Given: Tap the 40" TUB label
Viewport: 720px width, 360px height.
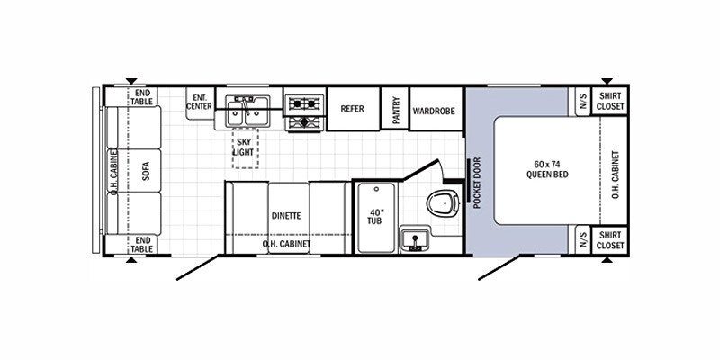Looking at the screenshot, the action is coord(374,217).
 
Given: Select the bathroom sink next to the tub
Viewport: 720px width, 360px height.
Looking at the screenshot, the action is coord(415,239).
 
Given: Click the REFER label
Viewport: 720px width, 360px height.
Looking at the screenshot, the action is coord(352,109).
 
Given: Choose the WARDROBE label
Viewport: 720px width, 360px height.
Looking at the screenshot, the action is coord(434,111).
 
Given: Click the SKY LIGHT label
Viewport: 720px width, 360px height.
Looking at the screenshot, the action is coord(244,147).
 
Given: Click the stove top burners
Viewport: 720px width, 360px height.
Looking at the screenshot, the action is coord(305,113).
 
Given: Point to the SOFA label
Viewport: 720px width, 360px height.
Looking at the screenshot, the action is coord(146,171).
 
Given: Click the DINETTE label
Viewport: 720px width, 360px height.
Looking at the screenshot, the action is coord(286,216).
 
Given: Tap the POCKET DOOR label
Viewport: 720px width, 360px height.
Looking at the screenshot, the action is coord(477,183).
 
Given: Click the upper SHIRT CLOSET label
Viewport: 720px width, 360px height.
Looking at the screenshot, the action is coord(610,101).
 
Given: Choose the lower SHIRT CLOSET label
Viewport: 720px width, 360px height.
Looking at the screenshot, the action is coord(610,240).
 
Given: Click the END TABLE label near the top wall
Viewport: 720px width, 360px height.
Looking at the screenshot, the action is coord(141,97).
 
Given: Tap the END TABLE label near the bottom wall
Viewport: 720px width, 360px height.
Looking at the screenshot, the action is coord(143,244).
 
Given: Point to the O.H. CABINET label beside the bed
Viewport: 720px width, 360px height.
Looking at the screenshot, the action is coord(616,175).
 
